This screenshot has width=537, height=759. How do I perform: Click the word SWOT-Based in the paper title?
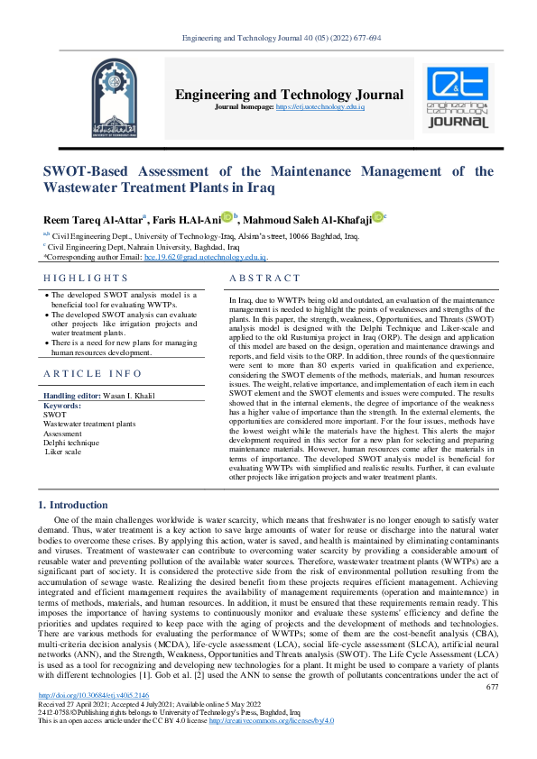(91, 171)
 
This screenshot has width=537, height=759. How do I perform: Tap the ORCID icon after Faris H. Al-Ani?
(227, 217)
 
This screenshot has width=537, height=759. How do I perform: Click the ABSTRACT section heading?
(265, 279)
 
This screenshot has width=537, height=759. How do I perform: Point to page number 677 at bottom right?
(492, 712)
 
